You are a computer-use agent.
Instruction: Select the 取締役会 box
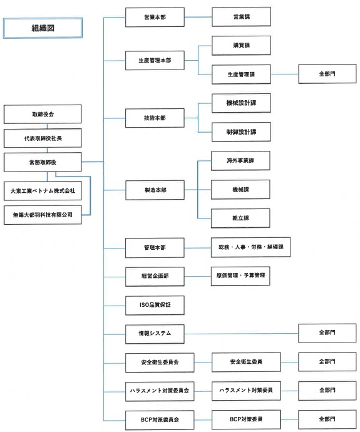pyautogui.click(x=43, y=115)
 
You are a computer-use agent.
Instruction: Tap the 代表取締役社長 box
pyautogui.click(x=43, y=138)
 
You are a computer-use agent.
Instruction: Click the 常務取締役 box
pyautogui.click(x=43, y=162)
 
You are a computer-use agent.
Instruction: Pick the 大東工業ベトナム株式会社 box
pyautogui.click(x=43, y=190)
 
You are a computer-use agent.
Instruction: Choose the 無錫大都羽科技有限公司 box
pyautogui.click(x=43, y=214)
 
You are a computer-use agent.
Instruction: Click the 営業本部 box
pyautogui.click(x=155, y=17)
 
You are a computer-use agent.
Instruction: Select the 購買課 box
pyautogui.click(x=241, y=45)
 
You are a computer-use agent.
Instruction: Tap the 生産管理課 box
pyautogui.click(x=241, y=74)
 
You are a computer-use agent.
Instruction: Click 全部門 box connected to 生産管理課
pyautogui.click(x=326, y=74)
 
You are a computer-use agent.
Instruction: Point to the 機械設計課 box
pyautogui.click(x=241, y=103)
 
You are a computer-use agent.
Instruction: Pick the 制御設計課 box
pyautogui.click(x=241, y=132)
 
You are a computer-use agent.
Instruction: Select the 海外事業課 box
pyautogui.click(x=241, y=160)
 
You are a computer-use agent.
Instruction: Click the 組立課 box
pyautogui.click(x=241, y=218)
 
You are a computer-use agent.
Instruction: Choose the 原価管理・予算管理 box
pyautogui.click(x=241, y=276)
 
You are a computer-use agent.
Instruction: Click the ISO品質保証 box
pyautogui.click(x=155, y=305)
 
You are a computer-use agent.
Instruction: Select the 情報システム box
pyautogui.click(x=155, y=333)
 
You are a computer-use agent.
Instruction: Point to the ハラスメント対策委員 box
pyautogui.click(x=245, y=389)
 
